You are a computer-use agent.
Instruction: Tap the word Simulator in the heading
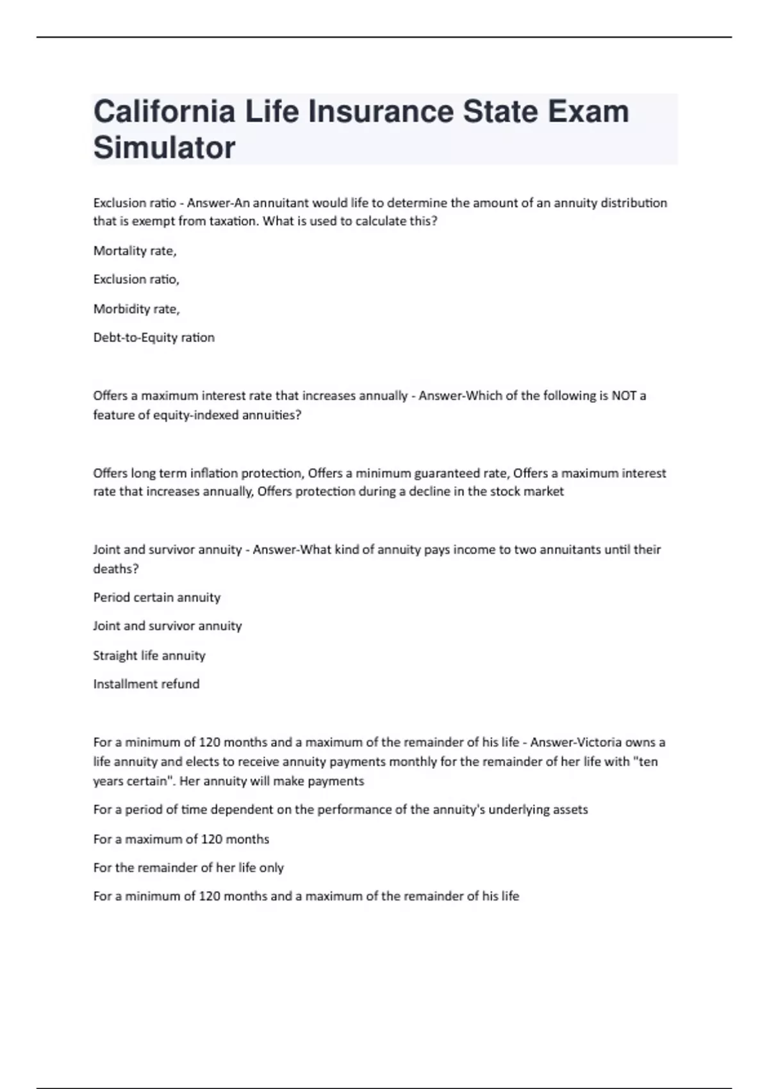click(x=164, y=147)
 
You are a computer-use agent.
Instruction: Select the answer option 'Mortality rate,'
click(x=135, y=250)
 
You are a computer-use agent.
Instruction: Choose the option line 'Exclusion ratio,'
click(x=136, y=279)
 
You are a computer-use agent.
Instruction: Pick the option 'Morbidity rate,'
click(x=136, y=309)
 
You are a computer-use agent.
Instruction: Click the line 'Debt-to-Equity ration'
click(x=154, y=338)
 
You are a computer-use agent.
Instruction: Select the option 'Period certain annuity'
click(x=156, y=597)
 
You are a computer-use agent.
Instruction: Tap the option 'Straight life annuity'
click(x=149, y=655)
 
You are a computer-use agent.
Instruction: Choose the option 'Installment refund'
click(x=146, y=684)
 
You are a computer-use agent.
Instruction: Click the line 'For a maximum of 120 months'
click(x=181, y=839)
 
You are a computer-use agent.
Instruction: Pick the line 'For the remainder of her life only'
click(x=188, y=867)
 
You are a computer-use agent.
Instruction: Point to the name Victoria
click(x=599, y=742)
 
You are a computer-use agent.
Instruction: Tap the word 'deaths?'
click(x=116, y=569)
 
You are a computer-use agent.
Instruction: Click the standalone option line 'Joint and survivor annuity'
click(x=167, y=626)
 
